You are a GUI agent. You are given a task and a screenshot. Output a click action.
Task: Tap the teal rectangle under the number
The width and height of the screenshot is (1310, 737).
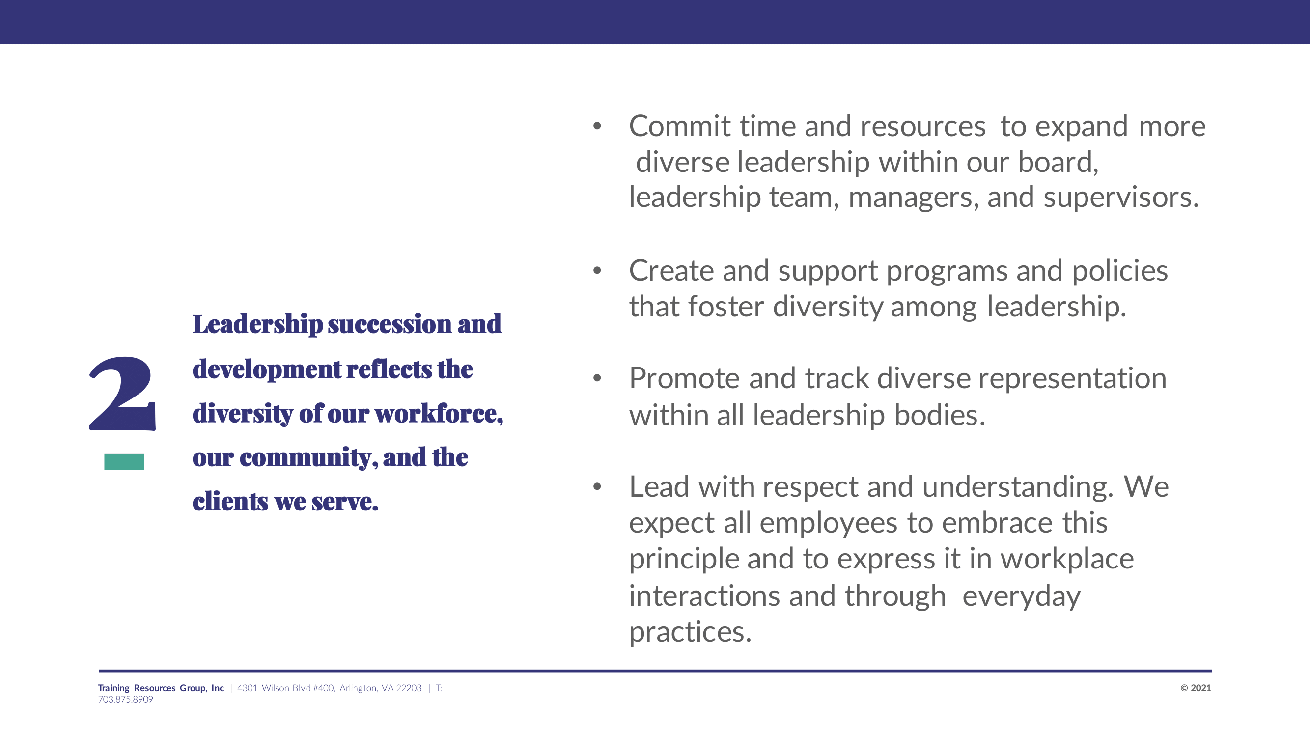[x=124, y=461]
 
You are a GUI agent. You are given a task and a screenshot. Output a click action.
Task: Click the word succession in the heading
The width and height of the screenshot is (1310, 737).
[x=390, y=324]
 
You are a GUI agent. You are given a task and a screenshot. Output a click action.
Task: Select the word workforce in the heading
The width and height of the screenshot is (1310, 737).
[x=439, y=413]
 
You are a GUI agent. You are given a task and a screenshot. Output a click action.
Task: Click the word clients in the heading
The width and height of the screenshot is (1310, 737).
[x=230, y=502]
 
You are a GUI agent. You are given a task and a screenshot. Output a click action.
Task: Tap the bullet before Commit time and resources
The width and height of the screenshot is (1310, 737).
[x=597, y=127]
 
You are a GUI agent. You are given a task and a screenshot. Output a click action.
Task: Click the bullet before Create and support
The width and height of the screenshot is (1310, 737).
[x=597, y=271]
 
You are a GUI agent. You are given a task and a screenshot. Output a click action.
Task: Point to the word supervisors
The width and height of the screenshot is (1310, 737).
[x=1121, y=198]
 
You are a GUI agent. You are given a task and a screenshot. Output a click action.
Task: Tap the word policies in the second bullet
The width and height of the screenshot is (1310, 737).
[x=1120, y=271]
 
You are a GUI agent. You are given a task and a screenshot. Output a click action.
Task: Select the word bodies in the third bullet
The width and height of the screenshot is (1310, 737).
[x=940, y=415]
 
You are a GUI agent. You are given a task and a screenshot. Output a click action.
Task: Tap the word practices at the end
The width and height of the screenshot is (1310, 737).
[x=690, y=632]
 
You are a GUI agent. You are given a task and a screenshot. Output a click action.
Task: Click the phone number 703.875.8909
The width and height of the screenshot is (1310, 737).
[x=126, y=699]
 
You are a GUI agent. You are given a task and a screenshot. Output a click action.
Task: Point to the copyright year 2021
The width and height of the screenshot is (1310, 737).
[x=1200, y=688]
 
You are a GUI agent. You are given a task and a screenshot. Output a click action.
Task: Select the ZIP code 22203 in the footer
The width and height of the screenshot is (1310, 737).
[x=409, y=688]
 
